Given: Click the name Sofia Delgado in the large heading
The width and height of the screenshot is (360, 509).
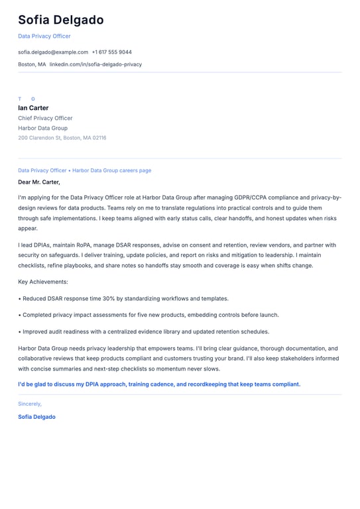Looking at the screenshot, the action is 61,20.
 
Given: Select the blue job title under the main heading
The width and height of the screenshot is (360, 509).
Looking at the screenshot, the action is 44,36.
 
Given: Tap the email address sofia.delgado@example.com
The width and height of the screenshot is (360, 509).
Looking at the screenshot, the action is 53,52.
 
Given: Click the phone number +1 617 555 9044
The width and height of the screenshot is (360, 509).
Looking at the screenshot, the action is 111,52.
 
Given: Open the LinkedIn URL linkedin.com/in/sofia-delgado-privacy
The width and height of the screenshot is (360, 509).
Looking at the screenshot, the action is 95,64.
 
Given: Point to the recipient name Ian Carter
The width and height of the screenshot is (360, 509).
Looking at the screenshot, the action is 33,108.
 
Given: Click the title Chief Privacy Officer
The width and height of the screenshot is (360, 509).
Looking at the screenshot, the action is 45,118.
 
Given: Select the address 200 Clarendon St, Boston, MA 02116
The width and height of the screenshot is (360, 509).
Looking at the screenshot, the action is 62,138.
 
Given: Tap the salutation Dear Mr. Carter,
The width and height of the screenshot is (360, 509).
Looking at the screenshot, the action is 39,182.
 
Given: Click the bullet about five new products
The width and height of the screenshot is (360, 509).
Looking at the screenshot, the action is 150,315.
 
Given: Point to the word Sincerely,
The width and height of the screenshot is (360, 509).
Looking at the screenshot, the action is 30,404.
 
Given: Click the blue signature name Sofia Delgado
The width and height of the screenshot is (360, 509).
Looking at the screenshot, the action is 36,417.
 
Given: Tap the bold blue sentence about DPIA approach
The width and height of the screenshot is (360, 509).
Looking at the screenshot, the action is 159,384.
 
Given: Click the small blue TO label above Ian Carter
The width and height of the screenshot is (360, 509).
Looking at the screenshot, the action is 27,99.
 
